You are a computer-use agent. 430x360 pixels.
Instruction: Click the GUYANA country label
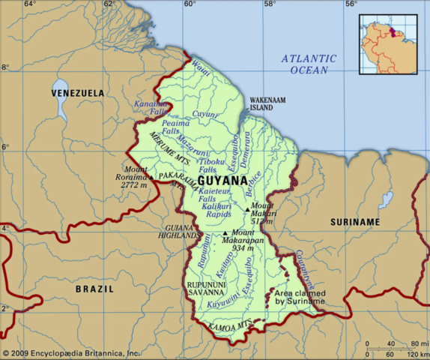(223, 181)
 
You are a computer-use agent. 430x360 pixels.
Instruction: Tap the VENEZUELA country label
(78, 93)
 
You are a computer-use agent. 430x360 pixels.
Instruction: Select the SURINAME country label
(355, 223)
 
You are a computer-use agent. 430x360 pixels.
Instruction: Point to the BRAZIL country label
(94, 289)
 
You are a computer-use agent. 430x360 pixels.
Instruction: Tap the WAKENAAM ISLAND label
(267, 103)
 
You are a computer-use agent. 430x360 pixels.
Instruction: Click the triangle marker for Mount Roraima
(151, 178)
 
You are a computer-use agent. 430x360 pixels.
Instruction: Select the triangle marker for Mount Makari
(247, 209)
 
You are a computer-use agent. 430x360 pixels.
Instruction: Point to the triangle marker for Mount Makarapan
(225, 233)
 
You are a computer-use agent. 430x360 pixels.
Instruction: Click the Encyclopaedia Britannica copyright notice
(71, 352)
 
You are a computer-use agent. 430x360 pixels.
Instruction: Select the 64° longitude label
(29, 4)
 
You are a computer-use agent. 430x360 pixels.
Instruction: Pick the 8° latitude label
(5, 67)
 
